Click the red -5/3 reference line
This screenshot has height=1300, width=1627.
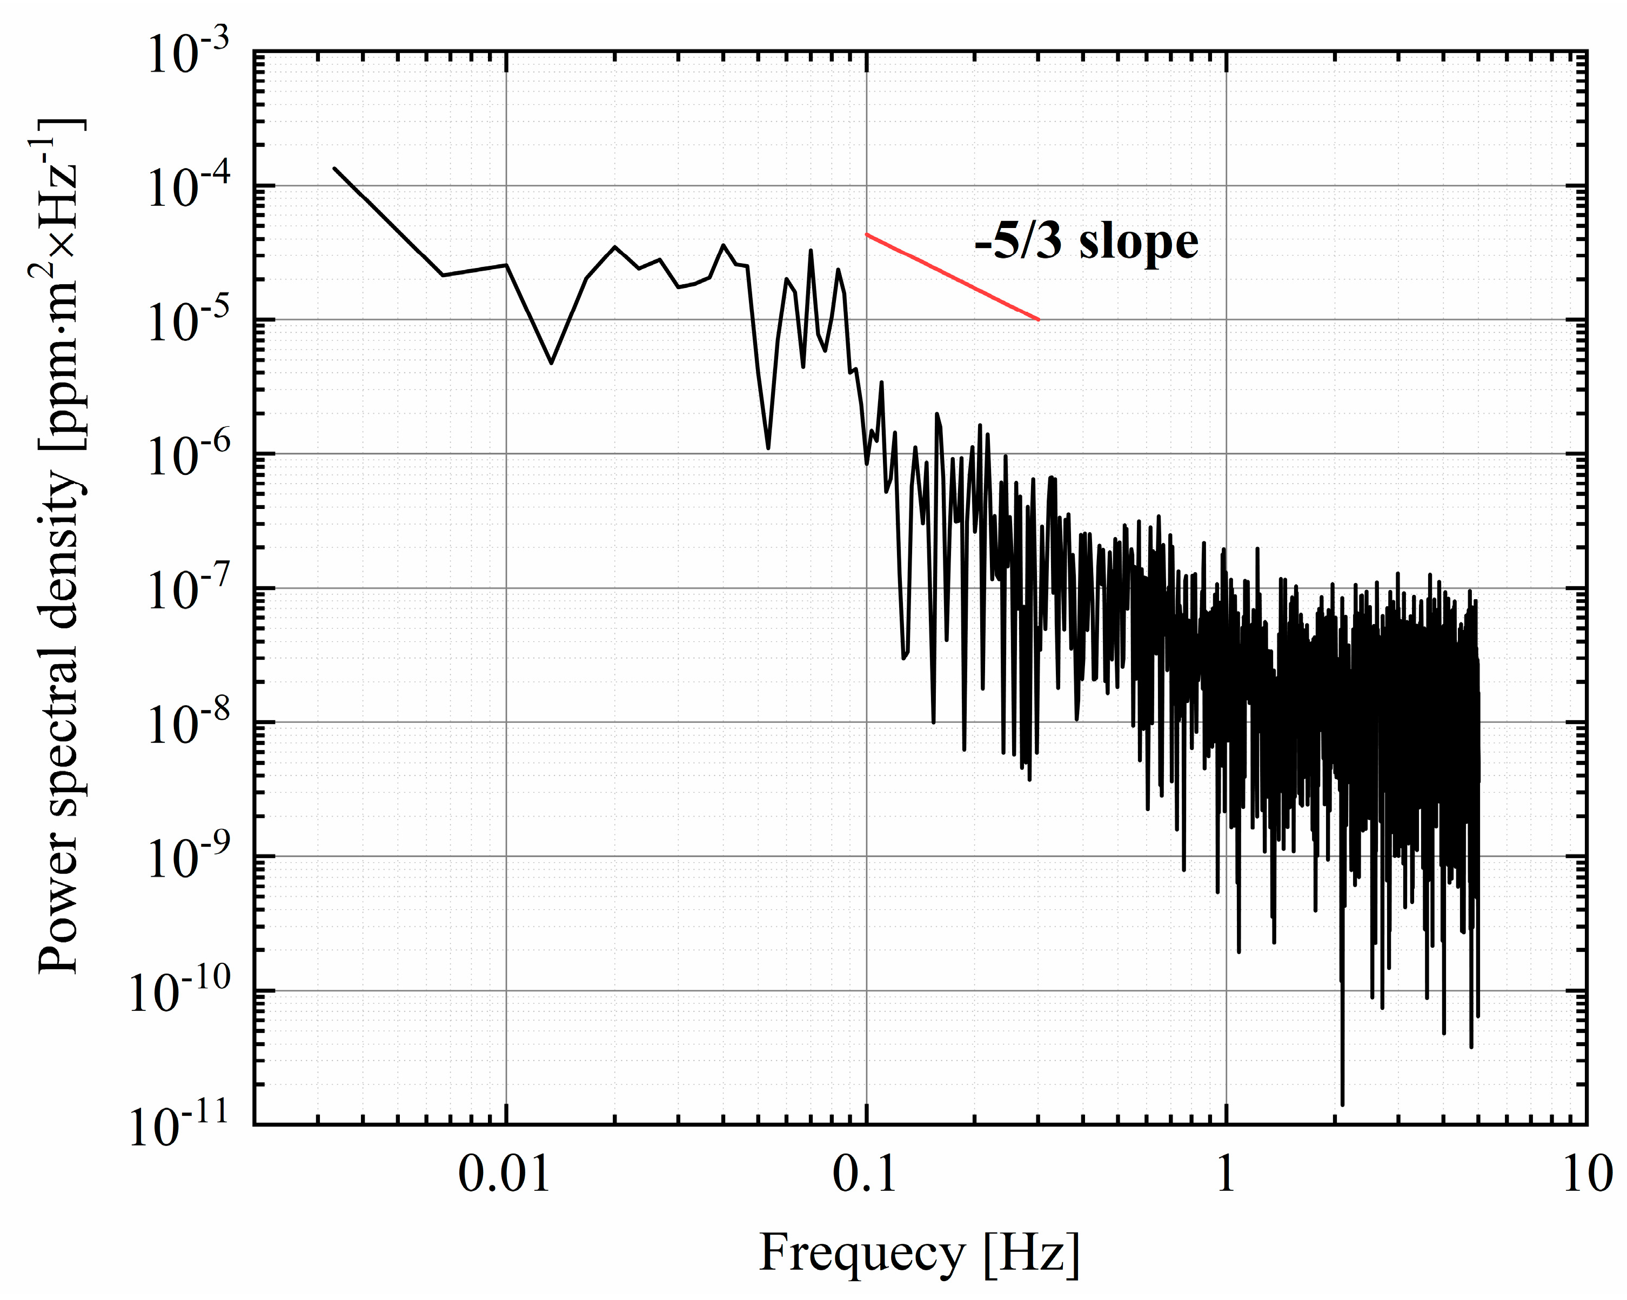coord(952,277)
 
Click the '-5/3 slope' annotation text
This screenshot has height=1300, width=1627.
coord(1086,242)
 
